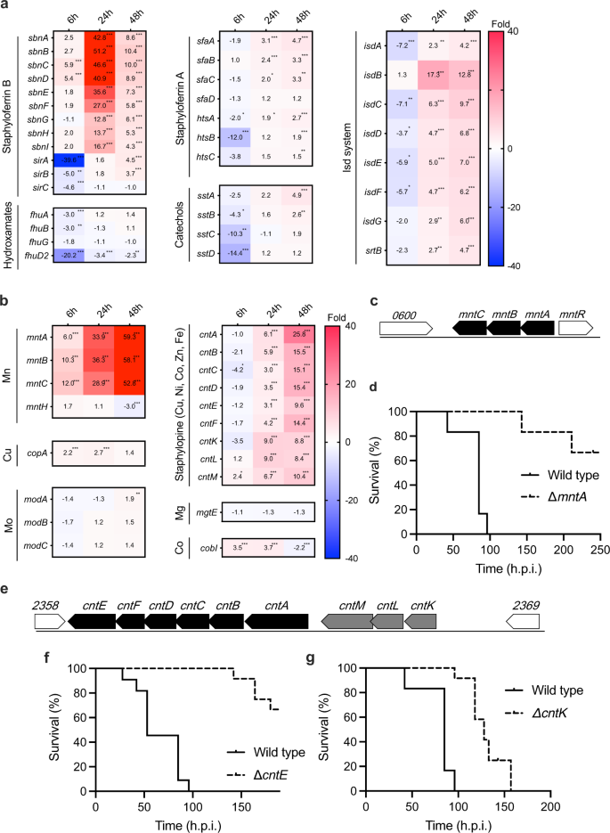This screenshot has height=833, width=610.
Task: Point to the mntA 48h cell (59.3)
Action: (132, 338)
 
